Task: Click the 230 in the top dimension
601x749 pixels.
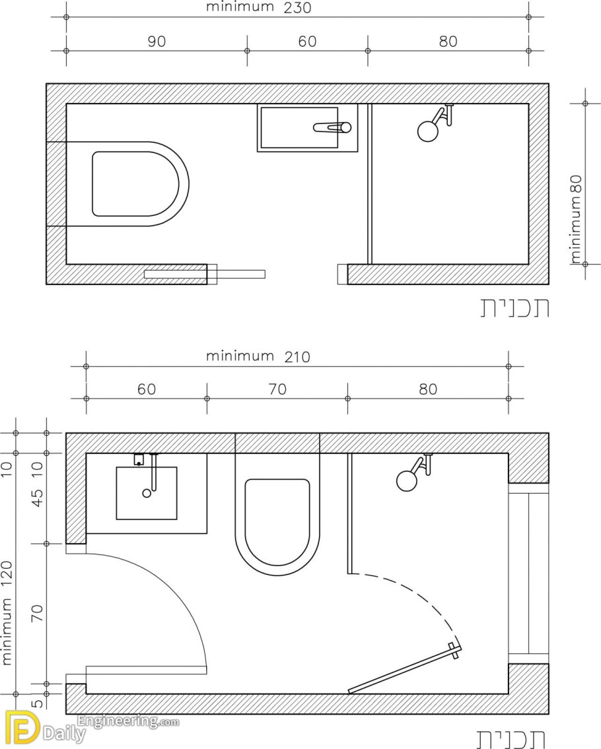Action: coord(297,8)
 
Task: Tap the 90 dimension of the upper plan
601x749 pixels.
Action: coord(157,42)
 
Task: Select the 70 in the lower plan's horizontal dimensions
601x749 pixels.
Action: coord(277,389)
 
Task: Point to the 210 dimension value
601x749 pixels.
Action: coord(297,357)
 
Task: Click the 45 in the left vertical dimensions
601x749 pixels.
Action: coord(38,498)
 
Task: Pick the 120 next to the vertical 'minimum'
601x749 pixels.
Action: coord(7,576)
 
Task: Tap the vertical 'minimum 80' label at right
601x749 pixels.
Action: coord(576,219)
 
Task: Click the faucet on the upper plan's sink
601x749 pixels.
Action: coord(332,127)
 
